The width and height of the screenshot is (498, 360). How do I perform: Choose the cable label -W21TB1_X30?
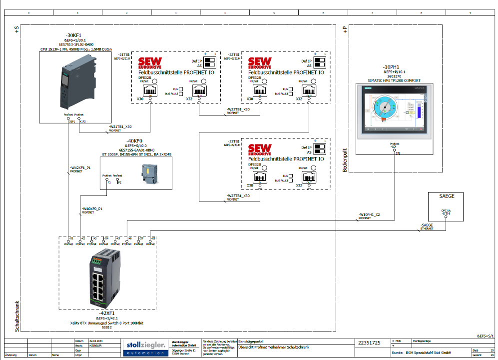[120, 127]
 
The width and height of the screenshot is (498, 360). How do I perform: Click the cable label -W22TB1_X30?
[238, 109]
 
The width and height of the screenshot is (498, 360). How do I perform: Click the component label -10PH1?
[392, 66]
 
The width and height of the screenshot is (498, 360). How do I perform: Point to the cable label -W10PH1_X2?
[369, 215]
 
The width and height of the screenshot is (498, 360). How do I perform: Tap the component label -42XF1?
[107, 313]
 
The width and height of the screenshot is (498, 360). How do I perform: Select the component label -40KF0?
[135, 141]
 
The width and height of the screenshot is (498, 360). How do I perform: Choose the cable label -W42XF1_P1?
[80, 168]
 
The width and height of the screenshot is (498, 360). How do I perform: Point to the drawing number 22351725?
[370, 343]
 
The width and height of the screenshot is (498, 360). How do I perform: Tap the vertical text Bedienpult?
[345, 160]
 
